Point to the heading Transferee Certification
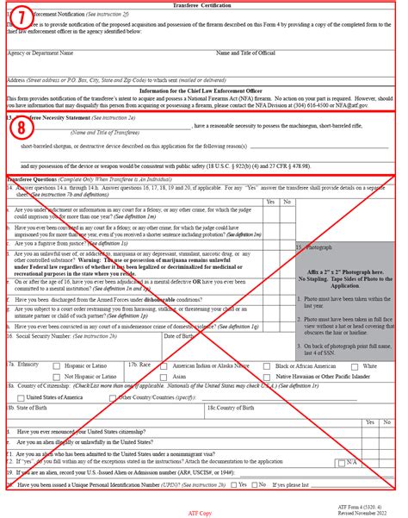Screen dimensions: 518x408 pyautogui.click(x=203, y=4)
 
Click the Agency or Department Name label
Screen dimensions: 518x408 pyautogui.click(x=38, y=53)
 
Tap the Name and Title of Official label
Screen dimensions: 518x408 pyautogui.click(x=244, y=53)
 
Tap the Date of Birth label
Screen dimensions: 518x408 pyautogui.click(x=182, y=336)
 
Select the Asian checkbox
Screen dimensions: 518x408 pyautogui.click(x=164, y=377)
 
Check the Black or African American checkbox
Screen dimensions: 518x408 pyautogui.click(x=268, y=365)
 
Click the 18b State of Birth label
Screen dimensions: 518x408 pyautogui.click(x=31, y=408)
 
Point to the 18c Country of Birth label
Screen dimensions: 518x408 pyautogui.click(x=232, y=408)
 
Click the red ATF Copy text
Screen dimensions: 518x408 pyautogui.click(x=200, y=512)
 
